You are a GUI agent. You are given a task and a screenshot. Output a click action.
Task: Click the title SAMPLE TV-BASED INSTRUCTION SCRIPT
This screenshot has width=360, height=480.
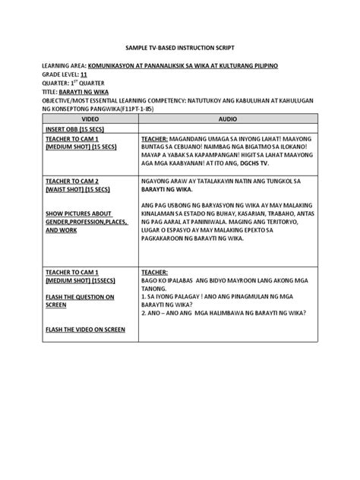pos(180,46)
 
